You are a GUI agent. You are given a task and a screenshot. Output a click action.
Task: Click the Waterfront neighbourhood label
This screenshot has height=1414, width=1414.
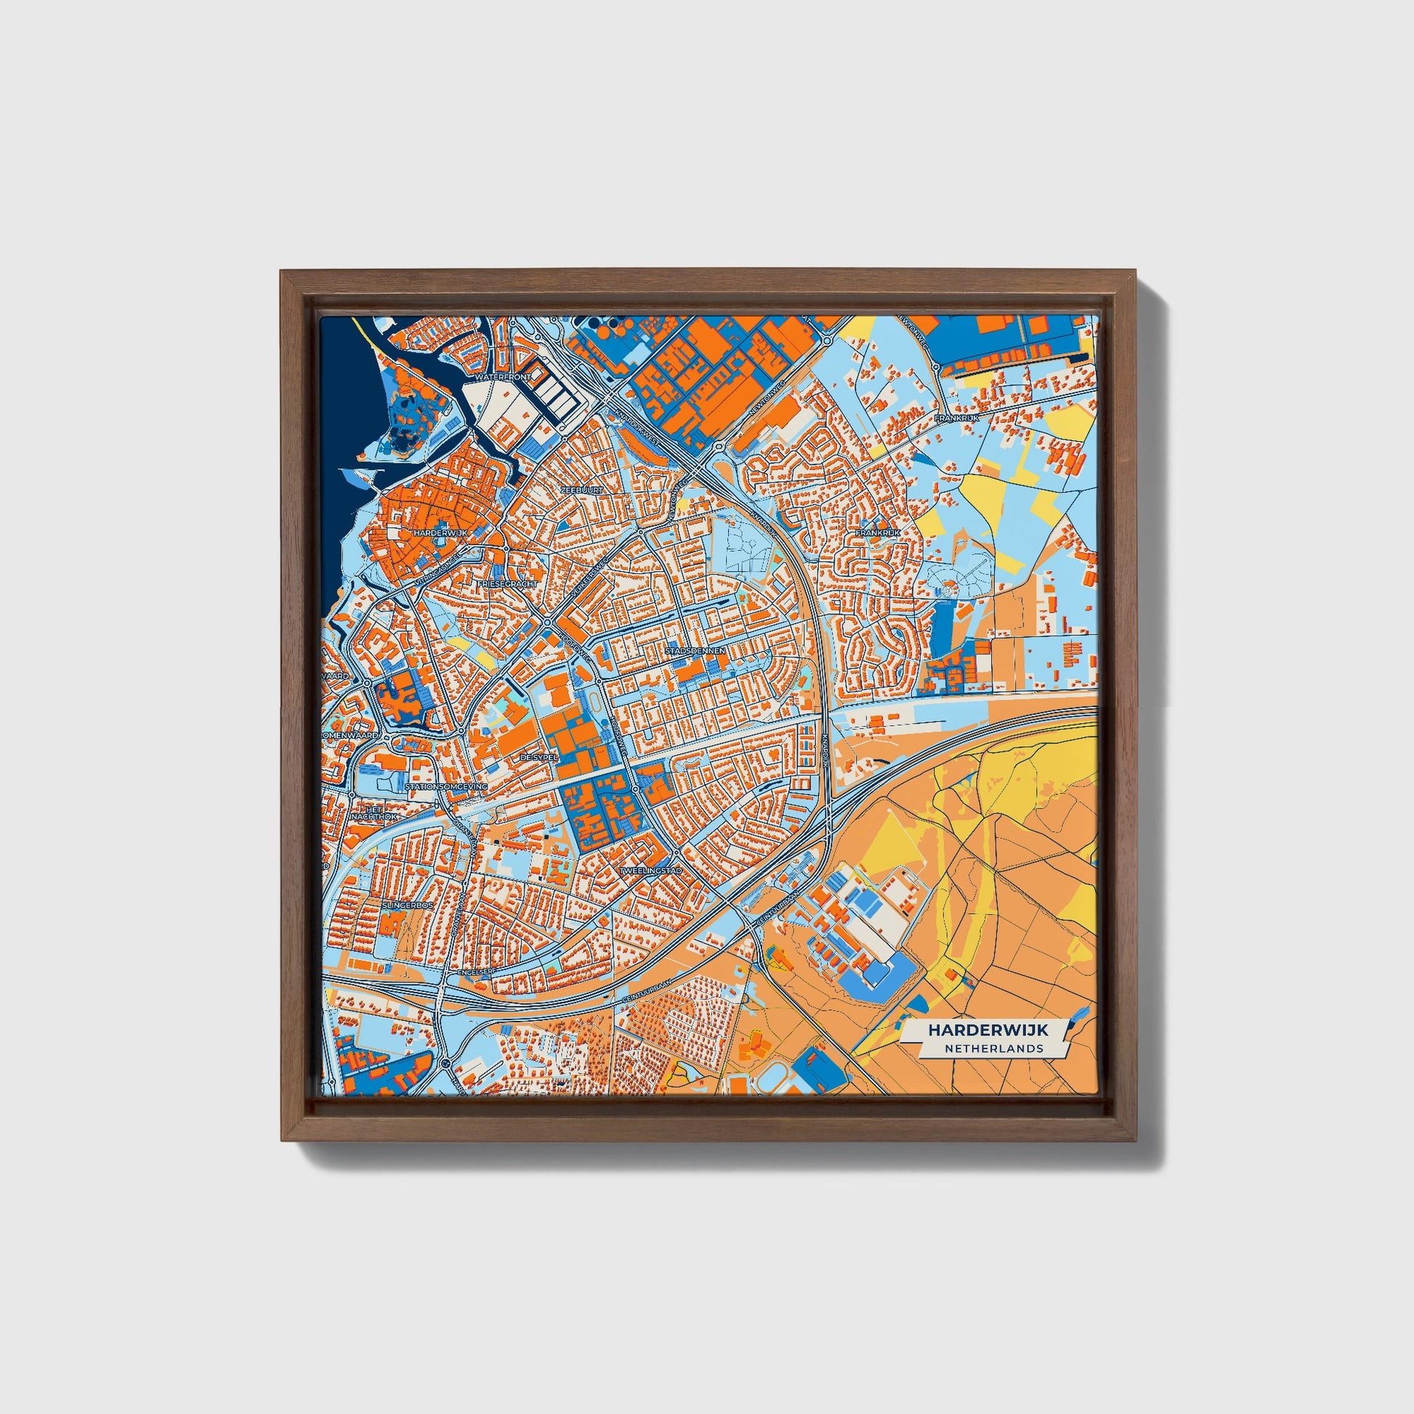click(x=503, y=377)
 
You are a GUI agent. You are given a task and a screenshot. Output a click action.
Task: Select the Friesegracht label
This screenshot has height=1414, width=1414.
click(x=507, y=584)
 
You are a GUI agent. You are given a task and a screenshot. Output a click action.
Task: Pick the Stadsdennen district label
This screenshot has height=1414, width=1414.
click(x=695, y=649)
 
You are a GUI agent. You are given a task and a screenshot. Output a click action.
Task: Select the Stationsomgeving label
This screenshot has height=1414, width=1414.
click(x=445, y=786)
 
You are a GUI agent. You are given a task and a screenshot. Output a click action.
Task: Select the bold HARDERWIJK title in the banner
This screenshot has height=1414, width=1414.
click(x=987, y=1030)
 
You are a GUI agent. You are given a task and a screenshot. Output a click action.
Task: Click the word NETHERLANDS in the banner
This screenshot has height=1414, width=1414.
click(x=993, y=1048)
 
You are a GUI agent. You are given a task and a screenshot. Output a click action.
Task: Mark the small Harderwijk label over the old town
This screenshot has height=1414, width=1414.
click(x=440, y=533)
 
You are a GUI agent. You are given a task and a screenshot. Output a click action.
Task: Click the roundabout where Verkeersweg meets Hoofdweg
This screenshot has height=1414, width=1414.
click(x=547, y=623)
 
